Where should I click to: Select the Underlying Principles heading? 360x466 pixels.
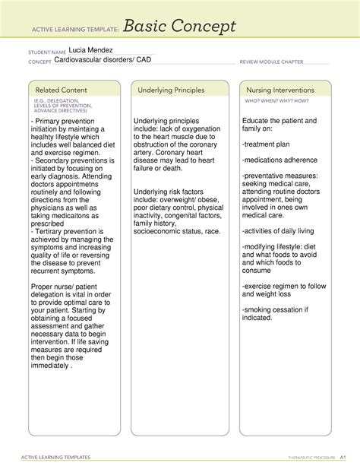(x=172, y=90)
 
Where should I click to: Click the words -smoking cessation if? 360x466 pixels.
(x=275, y=309)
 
